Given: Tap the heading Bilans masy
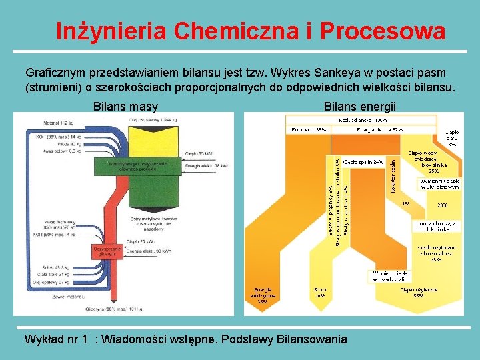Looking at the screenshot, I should pyautogui.click(x=125, y=107).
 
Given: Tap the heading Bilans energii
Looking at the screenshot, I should pyautogui.click(x=359, y=107).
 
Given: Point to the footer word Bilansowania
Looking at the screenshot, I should pyautogui.click(x=313, y=339).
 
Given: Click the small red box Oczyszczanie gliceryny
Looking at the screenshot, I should pyautogui.click(x=103, y=251).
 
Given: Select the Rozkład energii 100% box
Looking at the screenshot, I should pyautogui.click(x=363, y=120).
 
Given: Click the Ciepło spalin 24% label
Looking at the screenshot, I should pyautogui.click(x=363, y=162).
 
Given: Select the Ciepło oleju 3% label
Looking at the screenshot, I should pyautogui.click(x=452, y=138).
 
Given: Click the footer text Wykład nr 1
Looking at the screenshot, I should pyautogui.click(x=55, y=339).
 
